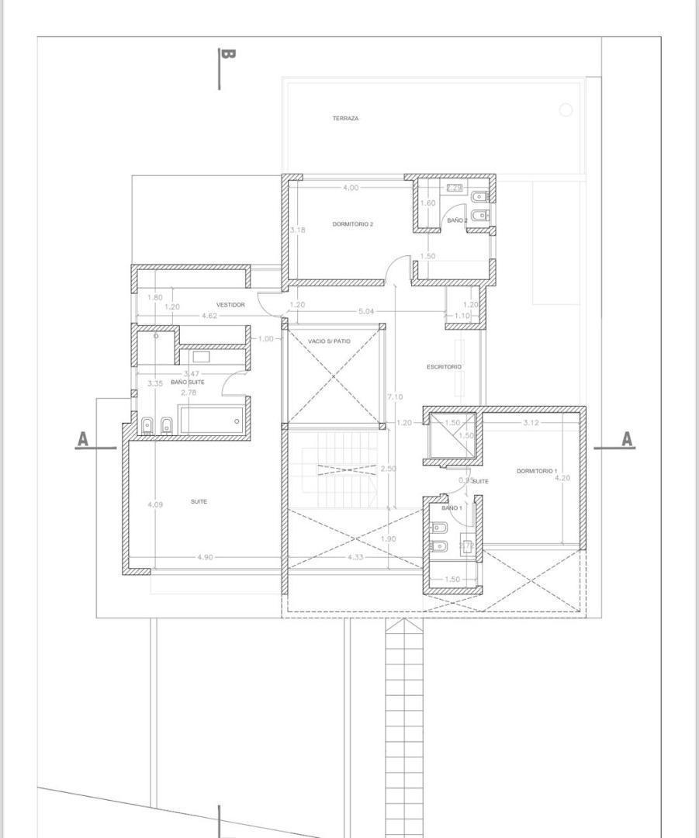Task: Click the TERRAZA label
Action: pyautogui.click(x=345, y=119)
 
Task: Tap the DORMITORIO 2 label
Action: pyautogui.click(x=353, y=224)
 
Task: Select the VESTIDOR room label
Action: pyautogui.click(x=230, y=305)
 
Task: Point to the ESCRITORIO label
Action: pyautogui.click(x=444, y=366)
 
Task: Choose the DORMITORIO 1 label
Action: pyautogui.click(x=537, y=471)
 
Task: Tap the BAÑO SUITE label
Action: pyautogui.click(x=188, y=383)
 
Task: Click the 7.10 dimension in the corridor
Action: pyautogui.click(x=395, y=396)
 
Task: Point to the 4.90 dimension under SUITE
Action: pyautogui.click(x=205, y=557)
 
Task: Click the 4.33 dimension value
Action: pyautogui.click(x=355, y=557)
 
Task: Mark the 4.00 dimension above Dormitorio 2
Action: pyautogui.click(x=351, y=188)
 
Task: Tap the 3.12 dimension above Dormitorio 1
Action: pyautogui.click(x=531, y=423)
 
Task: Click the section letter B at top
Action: pyautogui.click(x=227, y=54)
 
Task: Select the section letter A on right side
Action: pyautogui.click(x=627, y=440)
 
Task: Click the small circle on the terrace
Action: pyautogui.click(x=566, y=110)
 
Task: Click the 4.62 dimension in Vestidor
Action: pyautogui.click(x=209, y=317)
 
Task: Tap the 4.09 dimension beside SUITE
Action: pyautogui.click(x=155, y=505)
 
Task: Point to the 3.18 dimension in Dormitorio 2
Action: pyautogui.click(x=298, y=230)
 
